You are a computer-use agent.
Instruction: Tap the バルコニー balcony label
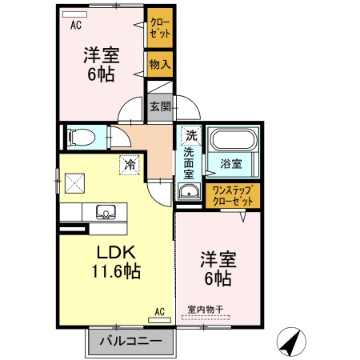(x=130, y=342)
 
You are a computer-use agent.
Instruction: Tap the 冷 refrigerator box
(x=128, y=165)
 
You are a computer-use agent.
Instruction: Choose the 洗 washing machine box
(x=190, y=136)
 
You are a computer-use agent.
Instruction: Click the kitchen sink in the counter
(x=106, y=213)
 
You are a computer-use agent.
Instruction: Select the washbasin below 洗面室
(x=189, y=192)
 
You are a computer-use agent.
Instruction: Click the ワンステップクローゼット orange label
(x=231, y=196)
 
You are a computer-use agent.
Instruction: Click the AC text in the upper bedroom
(x=76, y=25)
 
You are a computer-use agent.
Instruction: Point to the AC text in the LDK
(x=159, y=311)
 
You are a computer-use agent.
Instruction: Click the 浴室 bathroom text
(x=232, y=165)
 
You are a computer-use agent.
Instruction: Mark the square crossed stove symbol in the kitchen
(x=77, y=183)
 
